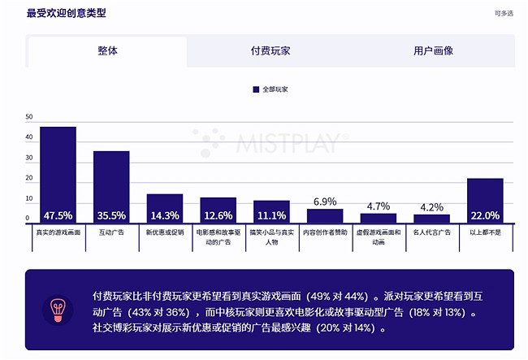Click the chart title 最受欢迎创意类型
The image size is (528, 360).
coord(67,13)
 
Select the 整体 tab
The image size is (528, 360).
coord(107,50)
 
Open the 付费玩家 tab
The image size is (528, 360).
coord(270,50)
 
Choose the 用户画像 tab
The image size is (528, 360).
coord(433,50)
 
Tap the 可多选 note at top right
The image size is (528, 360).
coord(504,14)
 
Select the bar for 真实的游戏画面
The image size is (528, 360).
coord(58,175)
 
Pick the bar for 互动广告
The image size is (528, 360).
coord(111,187)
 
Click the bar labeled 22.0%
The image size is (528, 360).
coord(485,201)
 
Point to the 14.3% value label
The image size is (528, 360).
coord(165,216)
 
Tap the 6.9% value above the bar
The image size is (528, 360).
coord(325,202)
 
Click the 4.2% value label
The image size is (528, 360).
coord(431,207)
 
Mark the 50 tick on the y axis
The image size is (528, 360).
coord(29,117)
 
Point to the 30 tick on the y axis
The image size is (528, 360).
coord(29,158)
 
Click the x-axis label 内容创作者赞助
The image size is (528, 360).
coord(325,232)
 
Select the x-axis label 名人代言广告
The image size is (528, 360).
coord(431,232)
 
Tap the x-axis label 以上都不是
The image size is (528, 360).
coord(485,232)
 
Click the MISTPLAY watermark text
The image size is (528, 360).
coord(292,143)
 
